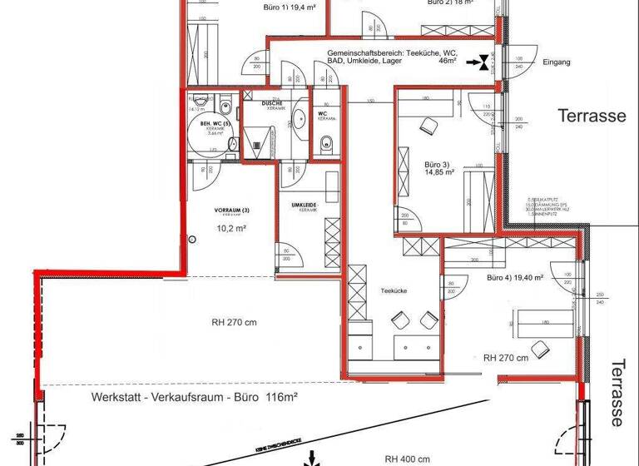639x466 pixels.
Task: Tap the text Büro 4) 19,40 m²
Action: point(515,278)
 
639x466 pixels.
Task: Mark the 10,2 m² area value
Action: point(230,226)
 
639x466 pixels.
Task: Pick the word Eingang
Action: point(556,62)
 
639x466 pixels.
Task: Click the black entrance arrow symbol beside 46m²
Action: point(478,61)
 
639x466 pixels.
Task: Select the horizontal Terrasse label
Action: point(591,116)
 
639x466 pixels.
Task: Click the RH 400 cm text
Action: point(407,459)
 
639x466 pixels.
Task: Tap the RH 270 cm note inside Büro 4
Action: point(505,359)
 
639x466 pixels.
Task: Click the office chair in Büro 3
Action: point(429,126)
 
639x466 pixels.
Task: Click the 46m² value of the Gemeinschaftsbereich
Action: point(449,62)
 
